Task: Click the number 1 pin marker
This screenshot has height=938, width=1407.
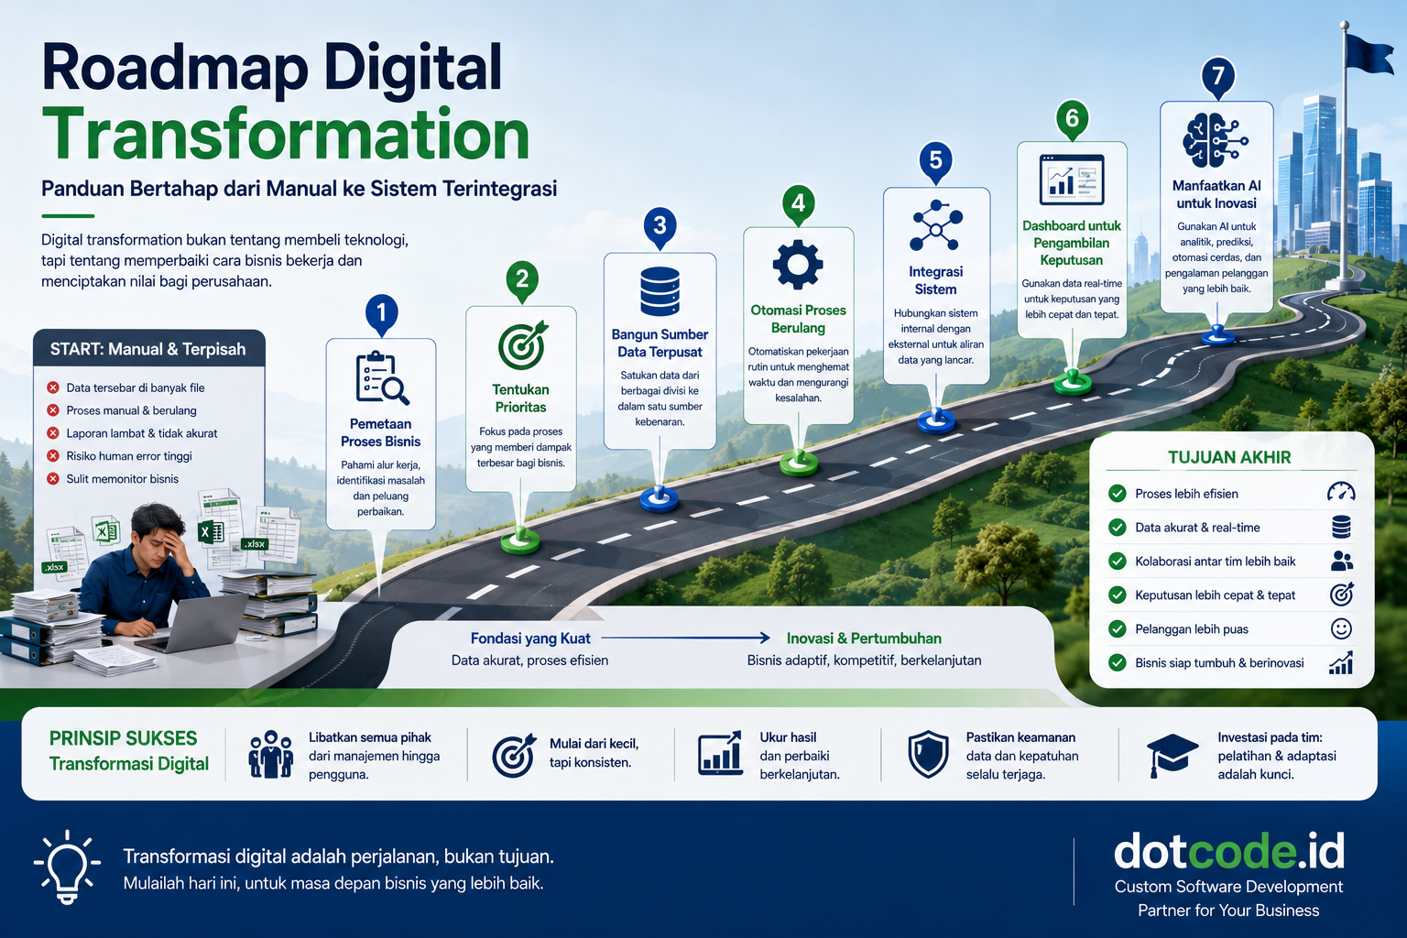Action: point(381,313)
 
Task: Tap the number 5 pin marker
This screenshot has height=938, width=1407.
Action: point(936,162)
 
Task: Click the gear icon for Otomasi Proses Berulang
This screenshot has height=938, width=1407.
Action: point(798,265)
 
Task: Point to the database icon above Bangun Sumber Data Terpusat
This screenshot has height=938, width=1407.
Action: point(660,291)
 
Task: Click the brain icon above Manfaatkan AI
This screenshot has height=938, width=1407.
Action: point(1215,140)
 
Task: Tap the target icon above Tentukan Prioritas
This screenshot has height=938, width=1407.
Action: point(523,345)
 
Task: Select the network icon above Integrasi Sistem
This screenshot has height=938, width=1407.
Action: point(936,225)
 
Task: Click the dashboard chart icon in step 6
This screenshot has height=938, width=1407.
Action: point(1072,180)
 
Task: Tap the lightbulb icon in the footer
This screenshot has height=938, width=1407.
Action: point(67,867)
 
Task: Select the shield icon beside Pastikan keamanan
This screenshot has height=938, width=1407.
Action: point(928,755)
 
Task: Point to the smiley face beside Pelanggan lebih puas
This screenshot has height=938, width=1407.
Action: point(1341,629)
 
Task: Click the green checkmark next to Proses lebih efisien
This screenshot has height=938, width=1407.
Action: point(1118,494)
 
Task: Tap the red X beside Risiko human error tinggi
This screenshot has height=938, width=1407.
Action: point(53,456)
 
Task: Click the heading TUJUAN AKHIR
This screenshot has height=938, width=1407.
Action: point(1229,457)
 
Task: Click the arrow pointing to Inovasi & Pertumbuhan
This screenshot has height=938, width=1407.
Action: point(685,638)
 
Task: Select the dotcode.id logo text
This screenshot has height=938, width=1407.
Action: point(1229,851)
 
